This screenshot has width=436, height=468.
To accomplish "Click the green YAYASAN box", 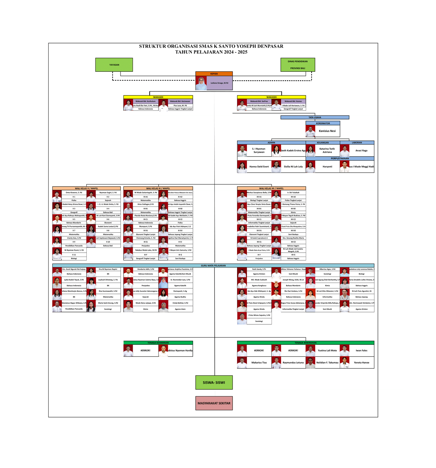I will pos(114,65).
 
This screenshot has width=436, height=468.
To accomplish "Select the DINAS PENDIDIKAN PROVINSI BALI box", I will pos(298,65).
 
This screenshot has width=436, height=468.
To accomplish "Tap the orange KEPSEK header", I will pos(214,74).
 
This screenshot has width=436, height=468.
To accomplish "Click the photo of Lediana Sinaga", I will pos(201,83).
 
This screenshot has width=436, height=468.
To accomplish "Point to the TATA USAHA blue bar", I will pos(315,118).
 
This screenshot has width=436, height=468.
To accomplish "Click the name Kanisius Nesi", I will pos(327,131).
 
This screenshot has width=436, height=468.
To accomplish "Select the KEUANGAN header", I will pos(323,143).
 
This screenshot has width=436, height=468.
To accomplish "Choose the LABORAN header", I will pos(357,143).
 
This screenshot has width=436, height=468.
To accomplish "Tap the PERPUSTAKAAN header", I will pos(340,158).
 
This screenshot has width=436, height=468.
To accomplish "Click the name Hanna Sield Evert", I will pos(259,167).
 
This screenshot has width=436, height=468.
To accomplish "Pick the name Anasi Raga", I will pos(361,151).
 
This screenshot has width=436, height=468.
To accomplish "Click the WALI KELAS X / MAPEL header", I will pos(86,188).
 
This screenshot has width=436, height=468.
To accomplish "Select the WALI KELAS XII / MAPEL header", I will pos(271,188).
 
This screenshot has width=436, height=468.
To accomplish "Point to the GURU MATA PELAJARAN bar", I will pos(213,266).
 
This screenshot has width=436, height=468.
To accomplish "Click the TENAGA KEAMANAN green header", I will pos(158,343).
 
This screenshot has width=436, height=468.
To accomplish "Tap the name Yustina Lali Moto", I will pos(327,350).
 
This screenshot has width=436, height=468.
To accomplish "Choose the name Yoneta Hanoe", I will pos(361,363).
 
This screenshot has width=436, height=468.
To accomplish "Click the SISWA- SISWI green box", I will pos(214,383).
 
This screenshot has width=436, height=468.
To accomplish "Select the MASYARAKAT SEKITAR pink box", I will pos(214,403).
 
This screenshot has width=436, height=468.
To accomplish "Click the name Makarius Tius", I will pos(259,363).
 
